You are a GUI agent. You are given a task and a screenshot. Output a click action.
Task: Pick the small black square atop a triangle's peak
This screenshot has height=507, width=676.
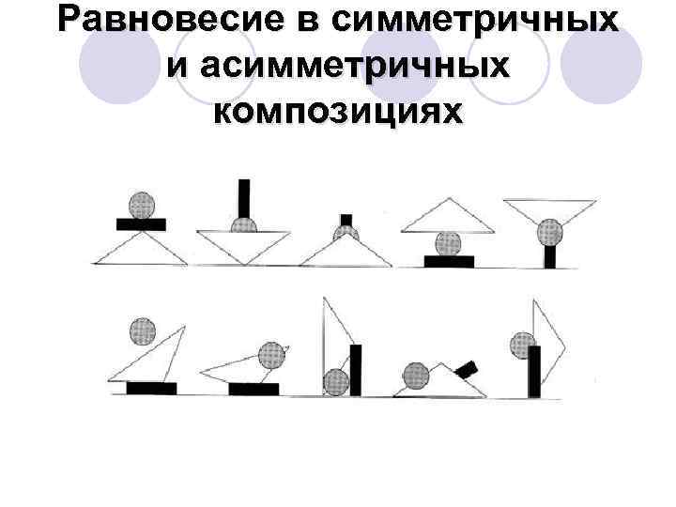coord(346,220)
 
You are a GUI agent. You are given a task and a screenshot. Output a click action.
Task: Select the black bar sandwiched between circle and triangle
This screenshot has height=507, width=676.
coord(141,224)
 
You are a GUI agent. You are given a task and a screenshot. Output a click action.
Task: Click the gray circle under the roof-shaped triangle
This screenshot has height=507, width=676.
coord(447,244)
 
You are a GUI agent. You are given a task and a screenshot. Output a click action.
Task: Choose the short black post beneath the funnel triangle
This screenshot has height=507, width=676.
coord(550,253)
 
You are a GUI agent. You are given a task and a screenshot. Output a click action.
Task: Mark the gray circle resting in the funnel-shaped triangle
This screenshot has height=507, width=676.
coord(550,231)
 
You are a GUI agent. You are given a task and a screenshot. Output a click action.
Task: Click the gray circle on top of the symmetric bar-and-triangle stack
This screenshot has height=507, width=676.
coord(141,205)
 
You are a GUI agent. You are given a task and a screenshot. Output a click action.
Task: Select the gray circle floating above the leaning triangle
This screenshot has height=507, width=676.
coord(142,330)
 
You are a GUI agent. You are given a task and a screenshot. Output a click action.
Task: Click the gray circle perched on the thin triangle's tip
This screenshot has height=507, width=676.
coord(271,355)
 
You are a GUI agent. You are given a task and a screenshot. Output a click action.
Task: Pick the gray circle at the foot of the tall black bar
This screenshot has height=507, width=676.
coord(336,382)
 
